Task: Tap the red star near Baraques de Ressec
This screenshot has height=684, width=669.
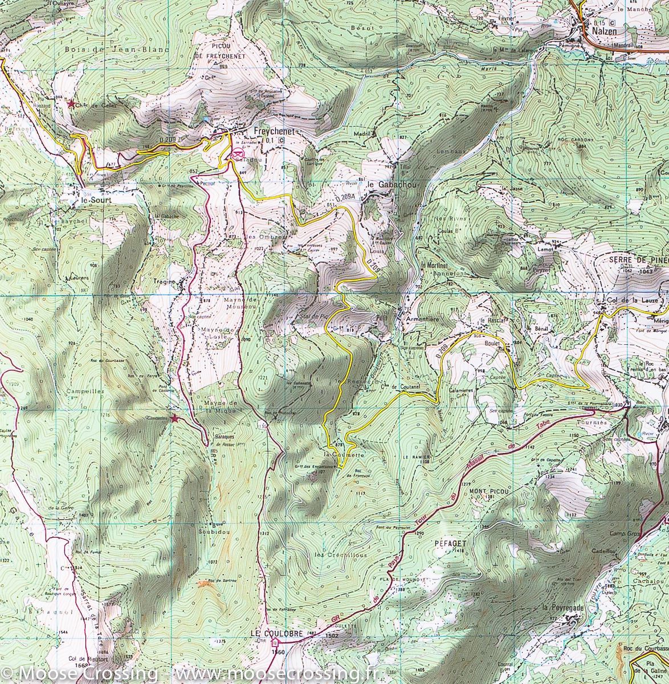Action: (x=174, y=419)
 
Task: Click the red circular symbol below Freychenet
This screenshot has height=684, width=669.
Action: (x=237, y=153)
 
